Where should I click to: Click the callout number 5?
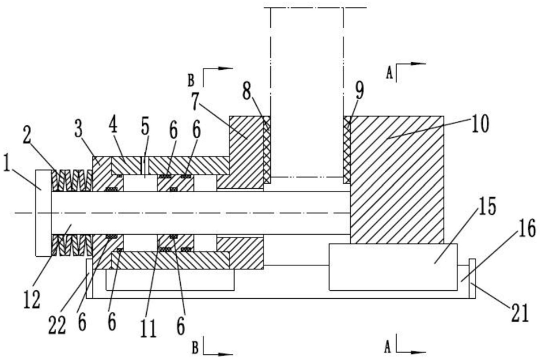145,127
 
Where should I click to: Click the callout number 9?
359,90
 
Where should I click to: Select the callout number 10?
480,124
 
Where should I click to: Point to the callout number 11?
149,328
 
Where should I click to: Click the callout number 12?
32,300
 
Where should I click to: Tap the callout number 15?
486,207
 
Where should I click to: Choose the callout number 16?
527,229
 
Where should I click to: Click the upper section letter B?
191,81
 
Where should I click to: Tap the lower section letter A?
388,348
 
